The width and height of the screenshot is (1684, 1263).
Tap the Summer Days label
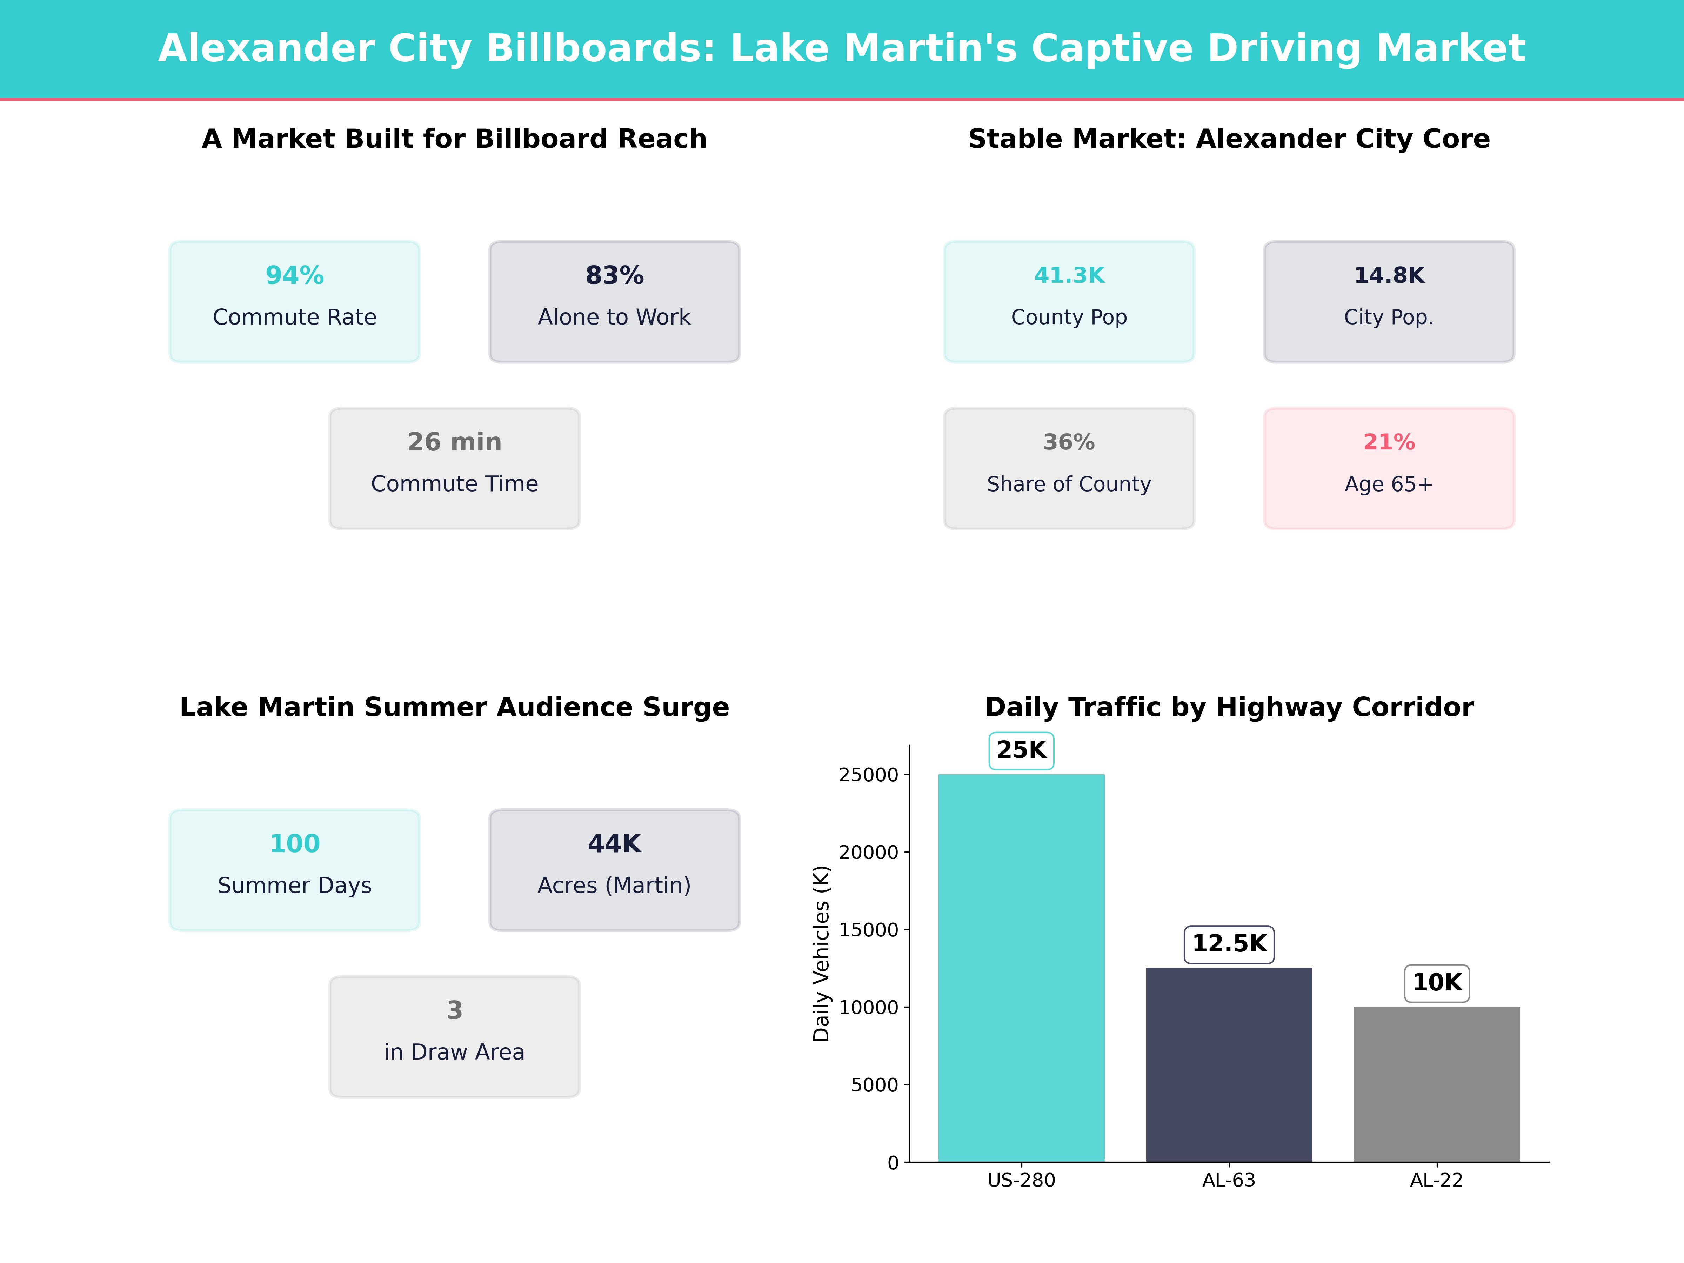click(x=295, y=886)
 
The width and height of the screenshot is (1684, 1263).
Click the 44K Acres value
click(x=614, y=843)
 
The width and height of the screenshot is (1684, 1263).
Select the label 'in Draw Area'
click(x=454, y=1052)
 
